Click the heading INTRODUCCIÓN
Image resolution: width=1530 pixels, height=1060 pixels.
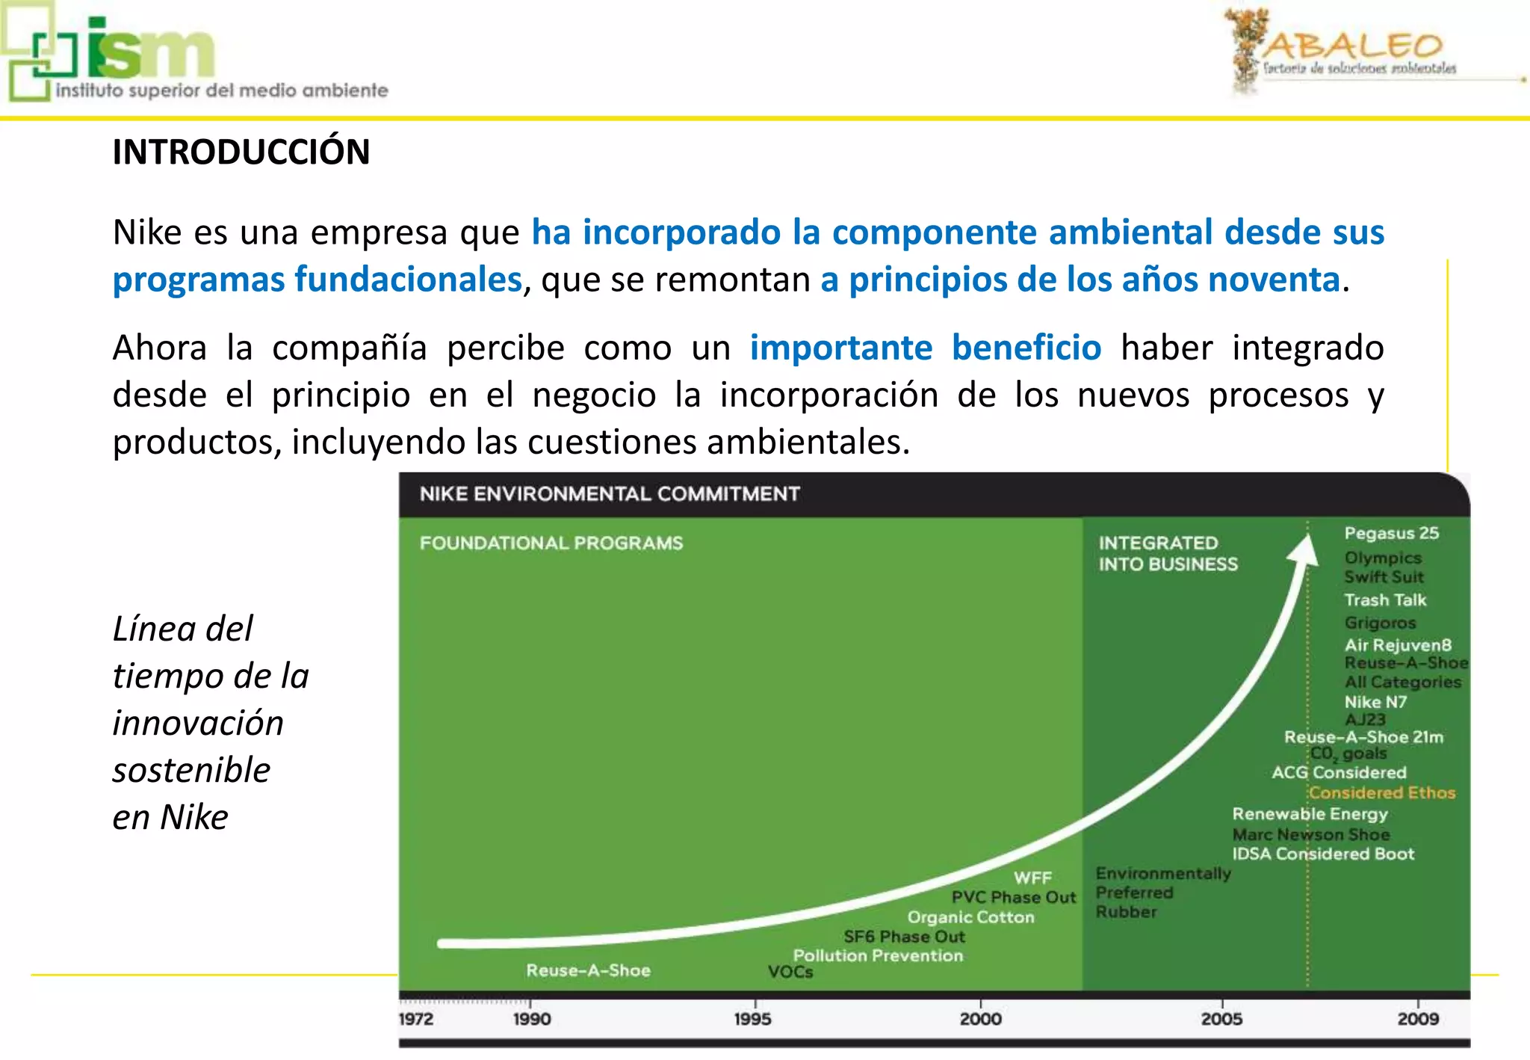pos(241,152)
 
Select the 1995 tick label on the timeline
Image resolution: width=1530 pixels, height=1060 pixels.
pos(752,1019)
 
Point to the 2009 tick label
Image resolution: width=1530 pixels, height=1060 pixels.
pos(1418,1019)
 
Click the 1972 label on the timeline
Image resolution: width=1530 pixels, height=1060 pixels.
pos(415,1019)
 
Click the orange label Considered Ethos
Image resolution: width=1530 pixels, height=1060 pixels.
pos(1382,792)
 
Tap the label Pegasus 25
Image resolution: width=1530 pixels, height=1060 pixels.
pos(1391,533)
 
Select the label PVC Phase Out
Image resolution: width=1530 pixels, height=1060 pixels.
pos(1013,897)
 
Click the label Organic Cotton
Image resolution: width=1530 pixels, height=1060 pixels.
pos(970,917)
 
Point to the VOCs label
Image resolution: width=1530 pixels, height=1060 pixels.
pos(790,972)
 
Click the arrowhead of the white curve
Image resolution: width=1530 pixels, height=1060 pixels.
pos(1304,550)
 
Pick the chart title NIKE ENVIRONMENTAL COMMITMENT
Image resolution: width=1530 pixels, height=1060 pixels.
pos(609,494)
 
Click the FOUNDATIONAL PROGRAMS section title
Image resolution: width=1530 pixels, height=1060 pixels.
pos(551,543)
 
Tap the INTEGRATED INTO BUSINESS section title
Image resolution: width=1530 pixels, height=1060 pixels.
pos(1167,553)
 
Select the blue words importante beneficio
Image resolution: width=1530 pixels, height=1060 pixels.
pos(925,348)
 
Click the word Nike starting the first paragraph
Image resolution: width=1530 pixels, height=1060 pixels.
pos(147,232)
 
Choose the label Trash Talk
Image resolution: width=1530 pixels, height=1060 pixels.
pos(1385,600)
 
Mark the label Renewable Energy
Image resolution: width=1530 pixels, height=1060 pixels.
pos(1310,813)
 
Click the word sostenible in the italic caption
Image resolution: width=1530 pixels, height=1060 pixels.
pos(191,770)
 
